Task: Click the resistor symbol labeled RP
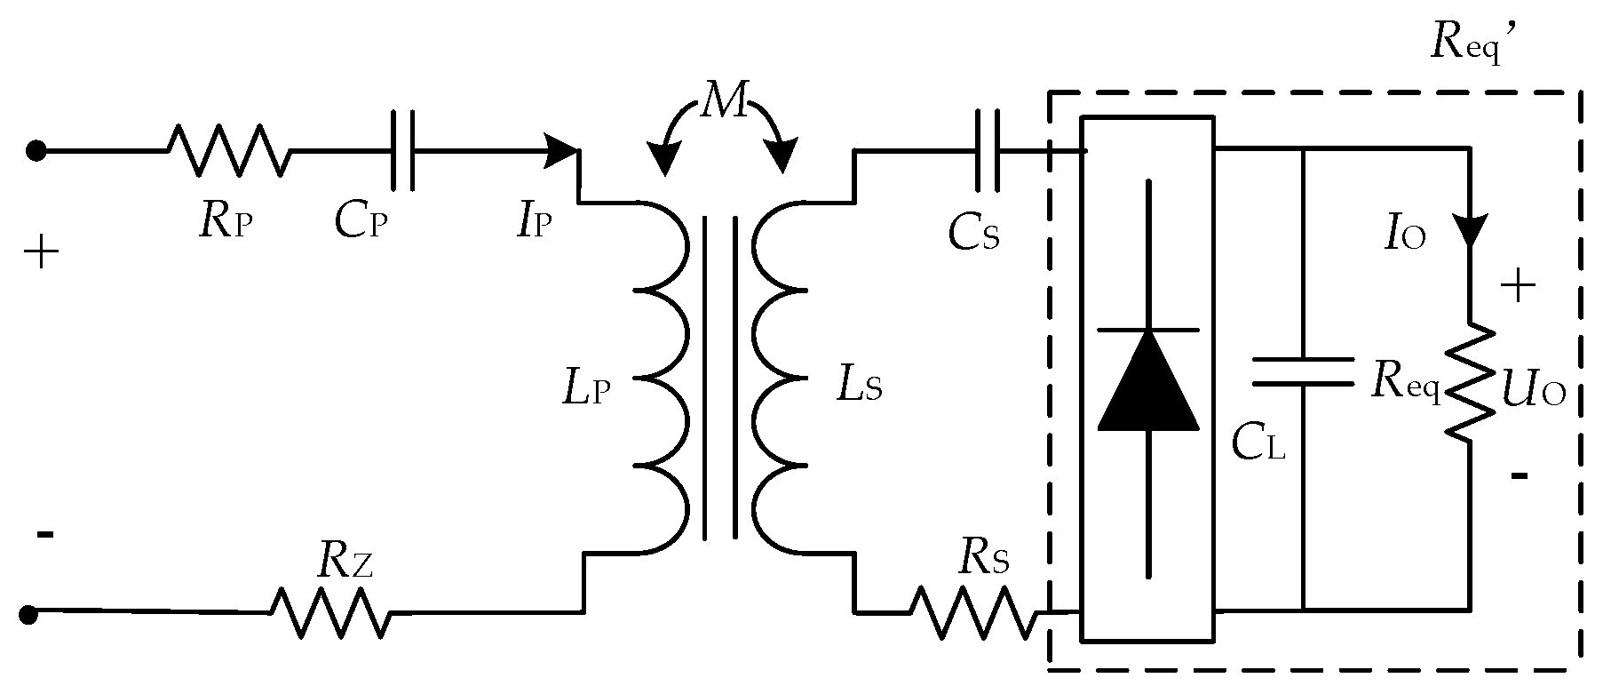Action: (229, 150)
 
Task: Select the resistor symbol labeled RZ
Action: (329, 612)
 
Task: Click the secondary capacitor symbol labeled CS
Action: (987, 150)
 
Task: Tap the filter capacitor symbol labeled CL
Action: (1303, 372)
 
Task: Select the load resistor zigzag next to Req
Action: (1470, 381)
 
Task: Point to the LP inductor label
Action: (587, 390)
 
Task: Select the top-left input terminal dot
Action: (36, 150)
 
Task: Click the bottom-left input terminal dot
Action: (28, 613)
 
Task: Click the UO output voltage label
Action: (1533, 391)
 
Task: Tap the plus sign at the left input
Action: (41, 255)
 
